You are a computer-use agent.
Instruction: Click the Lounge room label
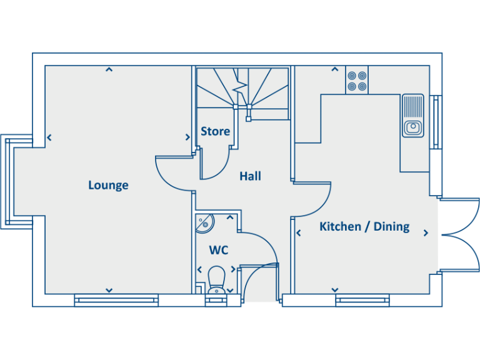(108, 185)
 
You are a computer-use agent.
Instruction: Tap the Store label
(215, 132)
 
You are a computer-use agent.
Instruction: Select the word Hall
(250, 176)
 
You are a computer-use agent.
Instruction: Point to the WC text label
(218, 251)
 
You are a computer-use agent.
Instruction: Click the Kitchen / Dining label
(364, 226)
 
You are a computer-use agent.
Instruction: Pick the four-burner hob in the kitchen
(357, 79)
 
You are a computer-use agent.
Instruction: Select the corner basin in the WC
(204, 222)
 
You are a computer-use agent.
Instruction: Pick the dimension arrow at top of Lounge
(109, 69)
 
